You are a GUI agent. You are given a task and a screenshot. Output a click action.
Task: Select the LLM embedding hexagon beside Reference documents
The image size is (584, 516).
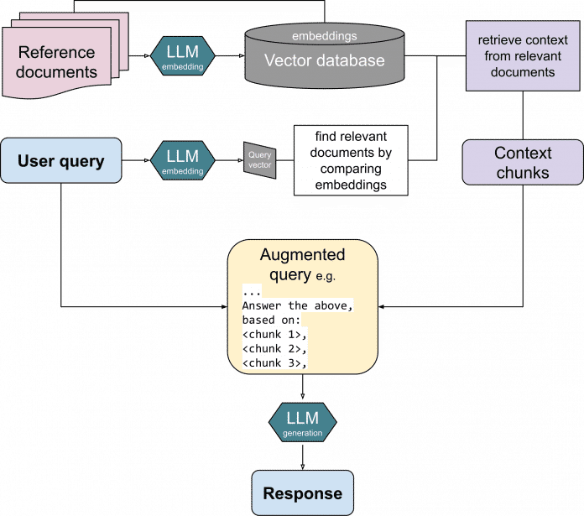pyautogui.click(x=183, y=54)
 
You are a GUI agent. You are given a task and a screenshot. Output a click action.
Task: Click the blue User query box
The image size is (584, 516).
pyautogui.click(x=61, y=161)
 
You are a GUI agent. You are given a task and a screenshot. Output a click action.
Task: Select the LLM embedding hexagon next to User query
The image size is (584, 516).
pyautogui.click(x=183, y=160)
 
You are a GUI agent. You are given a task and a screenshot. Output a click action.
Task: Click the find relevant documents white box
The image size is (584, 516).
pyautogui.click(x=350, y=159)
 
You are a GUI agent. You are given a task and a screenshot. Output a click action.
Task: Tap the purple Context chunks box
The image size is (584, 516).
pyautogui.click(x=523, y=163)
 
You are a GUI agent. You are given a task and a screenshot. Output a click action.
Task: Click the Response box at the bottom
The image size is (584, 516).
pyautogui.click(x=302, y=493)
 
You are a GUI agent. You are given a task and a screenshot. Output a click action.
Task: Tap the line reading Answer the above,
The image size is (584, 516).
pyautogui.click(x=297, y=306)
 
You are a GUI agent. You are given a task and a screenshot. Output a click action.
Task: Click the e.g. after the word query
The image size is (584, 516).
pyautogui.click(x=331, y=276)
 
